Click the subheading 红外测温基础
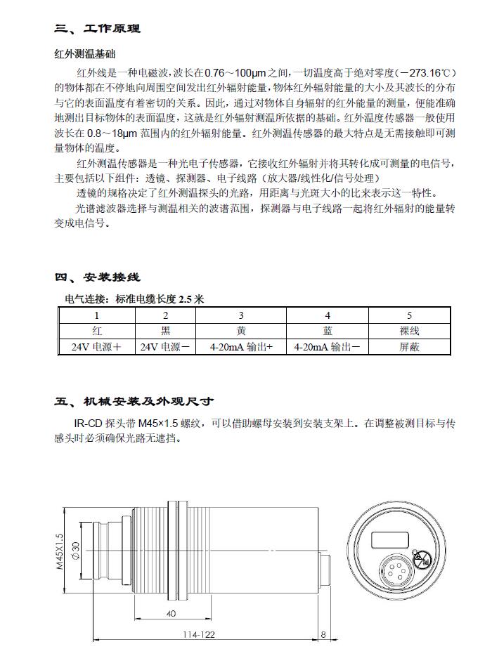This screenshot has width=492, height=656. point(84,54)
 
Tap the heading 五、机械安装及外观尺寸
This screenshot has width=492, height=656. point(134,402)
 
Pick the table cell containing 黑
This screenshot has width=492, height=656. point(165,331)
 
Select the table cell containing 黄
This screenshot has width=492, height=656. point(241,331)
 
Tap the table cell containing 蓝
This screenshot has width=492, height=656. point(328,331)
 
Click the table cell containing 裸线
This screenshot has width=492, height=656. point(409,331)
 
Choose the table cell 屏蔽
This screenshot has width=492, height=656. point(409,347)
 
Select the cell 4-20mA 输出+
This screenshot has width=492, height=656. point(241,347)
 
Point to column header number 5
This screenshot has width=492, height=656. point(409,316)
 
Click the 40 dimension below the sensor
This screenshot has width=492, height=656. point(171,614)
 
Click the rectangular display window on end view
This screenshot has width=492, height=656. point(387,539)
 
